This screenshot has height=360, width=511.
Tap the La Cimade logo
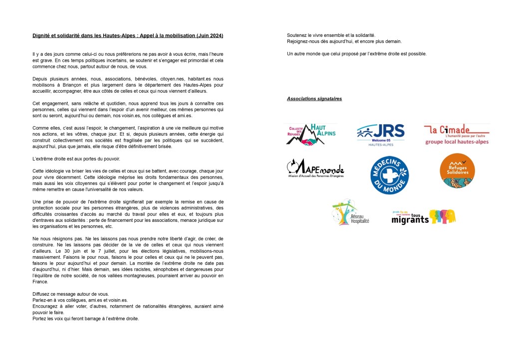point(457,134)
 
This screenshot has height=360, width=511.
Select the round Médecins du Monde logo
point(389,175)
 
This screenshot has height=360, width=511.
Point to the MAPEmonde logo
point(315,169)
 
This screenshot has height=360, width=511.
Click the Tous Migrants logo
point(423,217)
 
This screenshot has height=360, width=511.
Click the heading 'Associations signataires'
point(314,99)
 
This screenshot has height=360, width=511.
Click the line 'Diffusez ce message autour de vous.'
point(70,294)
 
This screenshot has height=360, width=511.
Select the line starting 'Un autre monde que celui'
point(356,53)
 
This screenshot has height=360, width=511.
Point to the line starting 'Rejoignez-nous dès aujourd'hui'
point(344,41)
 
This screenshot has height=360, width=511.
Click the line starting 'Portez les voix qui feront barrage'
point(85,318)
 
